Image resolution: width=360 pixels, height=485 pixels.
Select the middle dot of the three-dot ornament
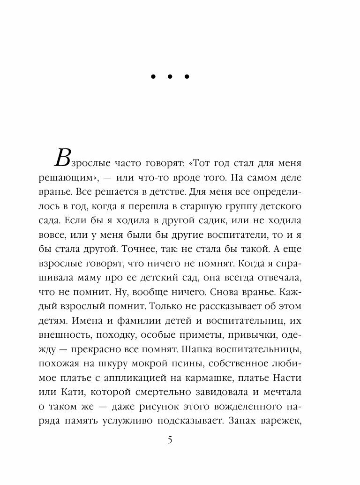(x=170, y=77)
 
